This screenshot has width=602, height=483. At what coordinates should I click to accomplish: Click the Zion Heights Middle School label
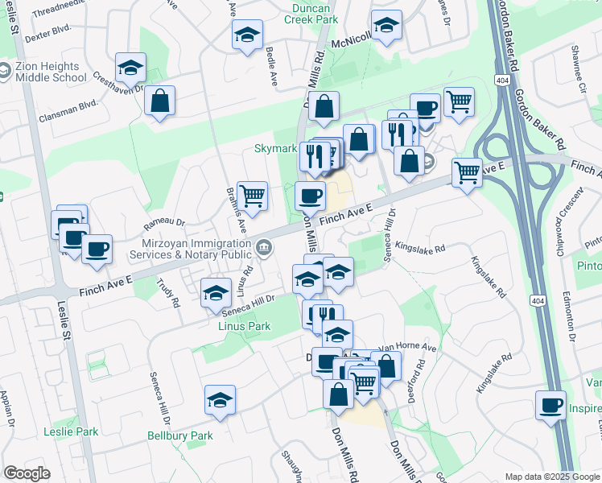50,72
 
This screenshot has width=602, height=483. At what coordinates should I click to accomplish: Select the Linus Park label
245,326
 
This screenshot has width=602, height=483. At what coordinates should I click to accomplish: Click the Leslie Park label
72,431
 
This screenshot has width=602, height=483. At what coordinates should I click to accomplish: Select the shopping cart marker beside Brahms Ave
253,196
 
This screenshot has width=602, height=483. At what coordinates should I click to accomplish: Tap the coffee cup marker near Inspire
551,405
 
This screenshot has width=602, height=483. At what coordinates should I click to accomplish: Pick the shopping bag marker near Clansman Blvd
160,101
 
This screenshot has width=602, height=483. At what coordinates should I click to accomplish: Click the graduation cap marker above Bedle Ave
247,35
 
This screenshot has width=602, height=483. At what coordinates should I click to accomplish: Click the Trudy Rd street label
171,292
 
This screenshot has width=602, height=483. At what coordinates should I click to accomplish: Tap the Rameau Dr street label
164,223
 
